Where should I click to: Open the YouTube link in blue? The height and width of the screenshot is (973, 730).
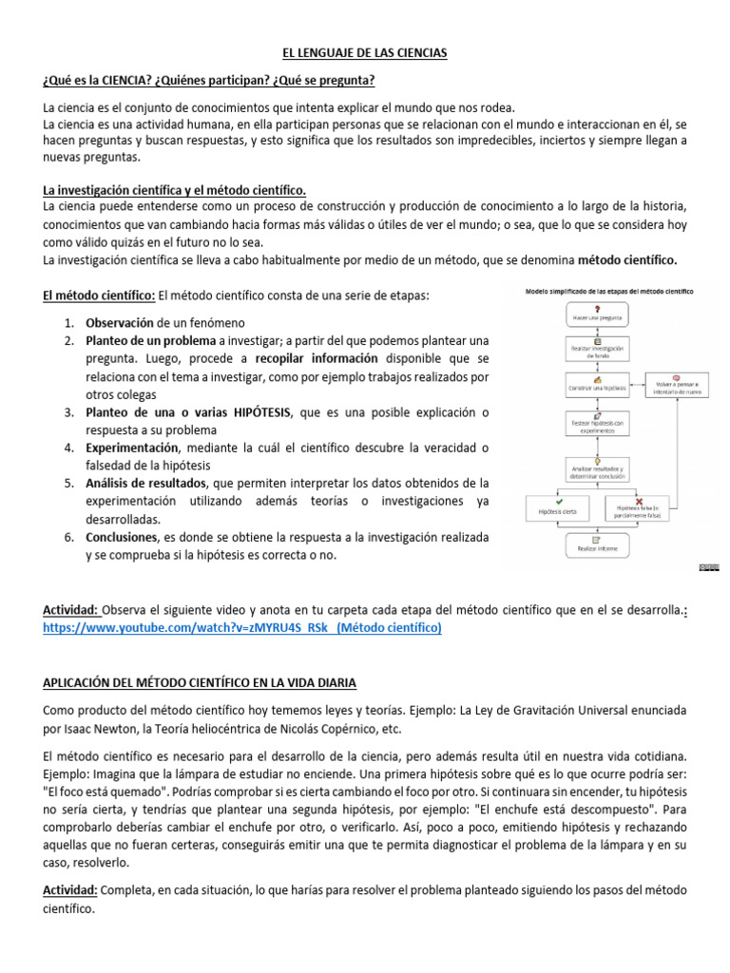click(242, 628)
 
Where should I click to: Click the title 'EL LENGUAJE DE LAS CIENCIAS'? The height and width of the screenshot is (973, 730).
click(365, 54)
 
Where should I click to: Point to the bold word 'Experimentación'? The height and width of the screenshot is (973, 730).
click(132, 447)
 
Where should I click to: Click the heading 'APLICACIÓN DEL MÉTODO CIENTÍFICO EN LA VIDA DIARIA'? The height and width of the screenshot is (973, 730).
click(200, 682)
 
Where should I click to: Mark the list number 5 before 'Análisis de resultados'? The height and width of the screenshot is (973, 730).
click(69, 483)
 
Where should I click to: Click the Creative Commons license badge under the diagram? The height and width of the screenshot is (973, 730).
click(709, 567)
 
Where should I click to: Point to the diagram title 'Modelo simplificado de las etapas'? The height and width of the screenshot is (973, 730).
click(609, 290)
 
